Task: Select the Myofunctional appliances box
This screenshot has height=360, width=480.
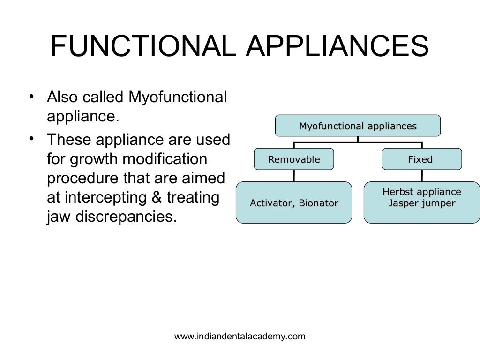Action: pyautogui.click(x=358, y=126)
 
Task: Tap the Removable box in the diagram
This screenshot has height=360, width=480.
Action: pyautogui.click(x=294, y=159)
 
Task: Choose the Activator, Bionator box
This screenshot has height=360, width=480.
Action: pyautogui.click(x=294, y=203)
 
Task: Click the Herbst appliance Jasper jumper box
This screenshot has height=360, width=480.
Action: pyautogui.click(x=421, y=202)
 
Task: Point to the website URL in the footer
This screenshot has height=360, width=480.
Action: pyautogui.click(x=240, y=336)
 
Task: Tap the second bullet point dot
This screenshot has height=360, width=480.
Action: pyautogui.click(x=31, y=139)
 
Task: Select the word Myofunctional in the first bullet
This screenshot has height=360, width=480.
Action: pyautogui.click(x=178, y=97)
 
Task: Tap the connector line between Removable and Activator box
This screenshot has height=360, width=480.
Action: pyautogui.click(x=294, y=176)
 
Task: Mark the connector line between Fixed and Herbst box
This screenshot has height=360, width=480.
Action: pyautogui.click(x=421, y=176)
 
